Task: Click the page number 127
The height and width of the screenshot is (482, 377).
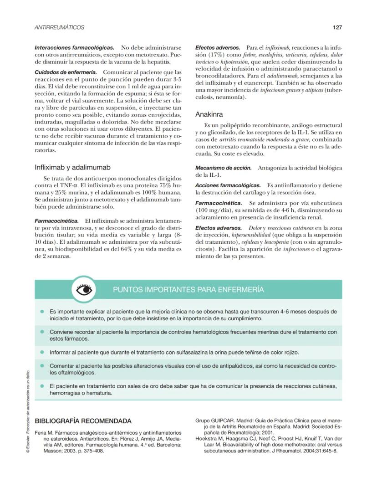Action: (337, 27)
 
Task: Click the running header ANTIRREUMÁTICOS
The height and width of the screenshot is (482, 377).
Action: (60, 27)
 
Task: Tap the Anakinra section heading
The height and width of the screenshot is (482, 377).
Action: (209, 114)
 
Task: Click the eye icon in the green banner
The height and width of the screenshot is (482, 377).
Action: (84, 290)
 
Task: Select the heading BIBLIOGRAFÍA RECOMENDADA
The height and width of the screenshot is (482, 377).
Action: (83, 421)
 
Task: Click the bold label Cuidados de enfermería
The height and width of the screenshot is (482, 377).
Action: (66, 72)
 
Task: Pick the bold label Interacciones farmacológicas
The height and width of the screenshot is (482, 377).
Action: (74, 47)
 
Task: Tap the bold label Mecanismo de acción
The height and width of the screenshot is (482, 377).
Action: (223, 168)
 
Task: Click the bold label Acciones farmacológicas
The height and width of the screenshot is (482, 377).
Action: (228, 185)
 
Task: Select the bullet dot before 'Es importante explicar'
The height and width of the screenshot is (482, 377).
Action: (42, 312)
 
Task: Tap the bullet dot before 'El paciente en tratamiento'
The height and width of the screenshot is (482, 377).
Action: (42, 386)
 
